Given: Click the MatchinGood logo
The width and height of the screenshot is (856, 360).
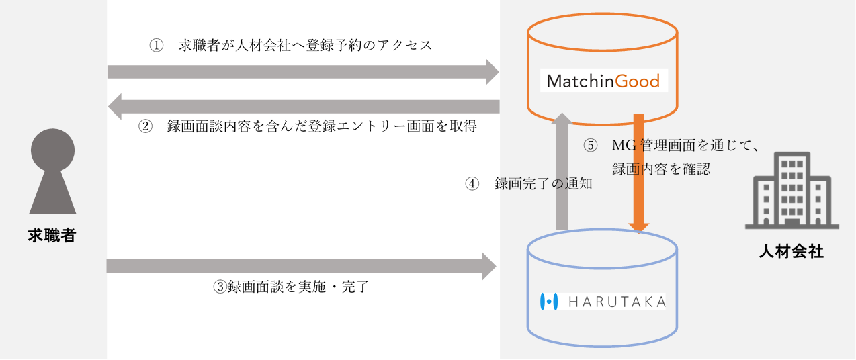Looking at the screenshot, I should (603, 82).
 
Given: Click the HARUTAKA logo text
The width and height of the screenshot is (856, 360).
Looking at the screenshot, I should (617, 302).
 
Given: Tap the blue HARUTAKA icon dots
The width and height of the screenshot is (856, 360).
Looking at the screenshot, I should (549, 302).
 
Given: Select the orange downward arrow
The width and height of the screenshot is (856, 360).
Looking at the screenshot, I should (639, 175).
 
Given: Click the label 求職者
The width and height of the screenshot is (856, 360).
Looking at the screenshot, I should (52, 236).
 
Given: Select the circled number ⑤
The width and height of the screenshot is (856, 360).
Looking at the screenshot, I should (589, 146).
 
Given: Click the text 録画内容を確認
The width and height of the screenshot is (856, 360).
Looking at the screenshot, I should (661, 169).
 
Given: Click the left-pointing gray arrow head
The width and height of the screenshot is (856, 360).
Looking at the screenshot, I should (115, 107).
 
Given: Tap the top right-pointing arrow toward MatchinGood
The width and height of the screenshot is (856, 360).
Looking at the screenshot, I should (302, 72).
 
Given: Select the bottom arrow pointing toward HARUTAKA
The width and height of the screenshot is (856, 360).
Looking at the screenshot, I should (302, 266).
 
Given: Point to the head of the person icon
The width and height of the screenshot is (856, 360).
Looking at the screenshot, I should (52, 149).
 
